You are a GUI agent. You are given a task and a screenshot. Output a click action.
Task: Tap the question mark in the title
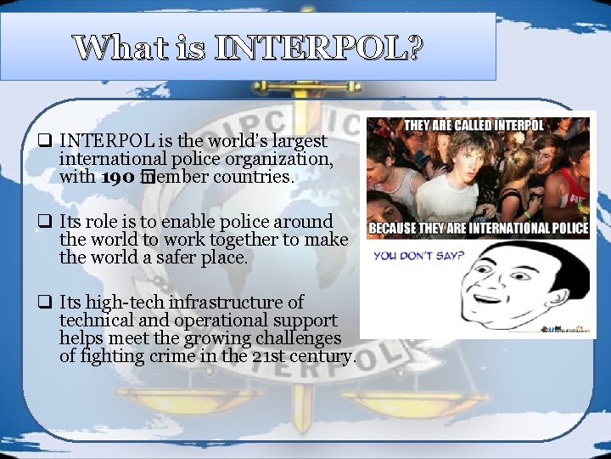point(413,48)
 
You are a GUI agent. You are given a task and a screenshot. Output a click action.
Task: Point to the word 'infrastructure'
point(228,303)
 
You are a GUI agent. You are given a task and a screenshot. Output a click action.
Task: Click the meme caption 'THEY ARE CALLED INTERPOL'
point(473,126)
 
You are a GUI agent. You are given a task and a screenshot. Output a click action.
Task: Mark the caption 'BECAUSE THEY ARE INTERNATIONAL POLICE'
point(478,229)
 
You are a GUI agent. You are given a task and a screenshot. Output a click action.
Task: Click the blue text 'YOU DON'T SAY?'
point(418,256)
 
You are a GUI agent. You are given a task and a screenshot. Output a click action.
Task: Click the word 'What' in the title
point(117,48)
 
